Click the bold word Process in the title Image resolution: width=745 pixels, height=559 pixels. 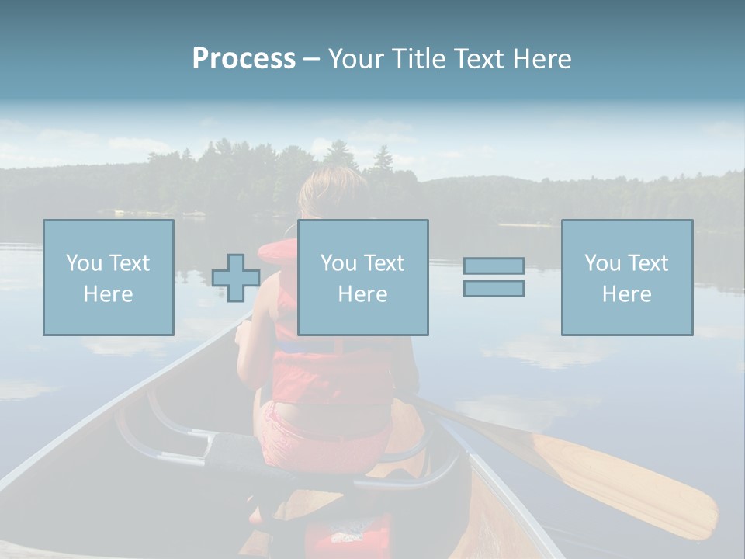244,59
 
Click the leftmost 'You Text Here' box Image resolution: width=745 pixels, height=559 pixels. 109,278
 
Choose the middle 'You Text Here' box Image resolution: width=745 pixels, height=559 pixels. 362,278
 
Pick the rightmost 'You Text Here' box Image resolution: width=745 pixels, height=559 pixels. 627,278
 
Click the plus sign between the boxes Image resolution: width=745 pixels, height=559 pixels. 236,278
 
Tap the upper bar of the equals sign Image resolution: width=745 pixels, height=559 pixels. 494,266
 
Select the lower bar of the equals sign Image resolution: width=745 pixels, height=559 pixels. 494,289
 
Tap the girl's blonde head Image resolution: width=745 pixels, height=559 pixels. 332,194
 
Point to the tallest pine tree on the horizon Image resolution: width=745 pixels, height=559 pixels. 383,159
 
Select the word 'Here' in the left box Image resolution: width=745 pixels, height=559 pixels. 109,294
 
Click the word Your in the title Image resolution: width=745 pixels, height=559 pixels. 354,59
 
